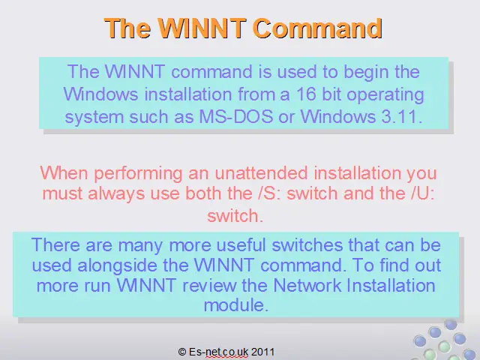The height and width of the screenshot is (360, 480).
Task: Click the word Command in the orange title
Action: [x=318, y=28]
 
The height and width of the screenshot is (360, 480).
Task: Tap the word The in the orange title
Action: [x=127, y=28]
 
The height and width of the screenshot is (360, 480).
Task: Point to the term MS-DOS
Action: [x=236, y=117]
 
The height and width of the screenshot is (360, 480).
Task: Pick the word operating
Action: [x=385, y=95]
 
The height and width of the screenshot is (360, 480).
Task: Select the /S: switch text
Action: [x=269, y=193]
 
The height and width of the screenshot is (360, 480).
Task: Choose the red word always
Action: [x=116, y=194]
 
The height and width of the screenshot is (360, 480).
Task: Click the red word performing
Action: [x=138, y=174]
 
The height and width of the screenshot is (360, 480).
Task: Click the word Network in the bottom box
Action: [x=307, y=285]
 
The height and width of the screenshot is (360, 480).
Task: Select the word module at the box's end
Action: [x=236, y=305]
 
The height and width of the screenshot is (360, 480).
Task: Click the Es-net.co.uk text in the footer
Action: [x=218, y=352]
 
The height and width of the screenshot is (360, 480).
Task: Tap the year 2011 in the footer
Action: [x=262, y=352]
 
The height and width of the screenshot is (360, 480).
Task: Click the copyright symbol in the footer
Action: [x=182, y=352]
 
